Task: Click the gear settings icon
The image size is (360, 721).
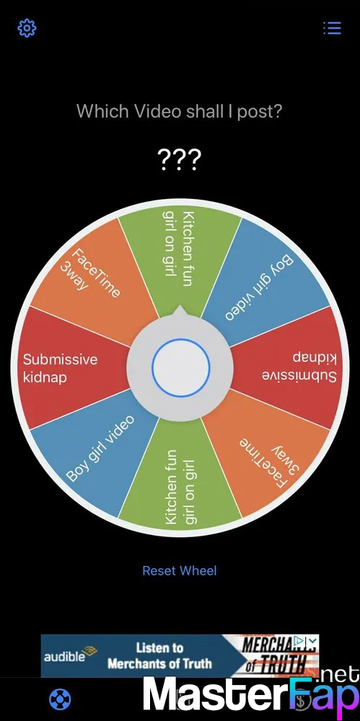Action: pos(27,28)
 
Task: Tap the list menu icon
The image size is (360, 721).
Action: pos(332,27)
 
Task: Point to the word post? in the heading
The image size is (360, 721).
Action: pos(259,111)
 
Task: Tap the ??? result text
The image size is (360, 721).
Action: pos(179,159)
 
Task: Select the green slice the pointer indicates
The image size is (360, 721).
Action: pos(180,257)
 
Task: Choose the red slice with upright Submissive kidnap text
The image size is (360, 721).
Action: pos(74,368)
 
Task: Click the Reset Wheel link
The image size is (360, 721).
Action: pos(180,570)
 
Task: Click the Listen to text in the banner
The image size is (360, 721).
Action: pos(159,648)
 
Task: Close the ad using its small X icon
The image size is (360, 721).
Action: pos(313,640)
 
